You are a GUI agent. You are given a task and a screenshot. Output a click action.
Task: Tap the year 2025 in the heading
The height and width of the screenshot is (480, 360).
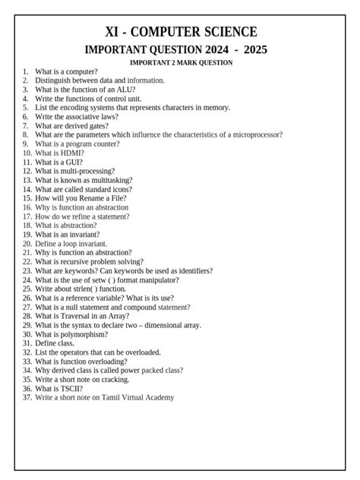(x=251, y=50)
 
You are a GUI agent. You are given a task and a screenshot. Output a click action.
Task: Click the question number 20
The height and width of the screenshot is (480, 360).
(x=27, y=243)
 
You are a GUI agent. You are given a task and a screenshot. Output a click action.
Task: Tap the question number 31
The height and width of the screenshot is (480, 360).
(x=27, y=343)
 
